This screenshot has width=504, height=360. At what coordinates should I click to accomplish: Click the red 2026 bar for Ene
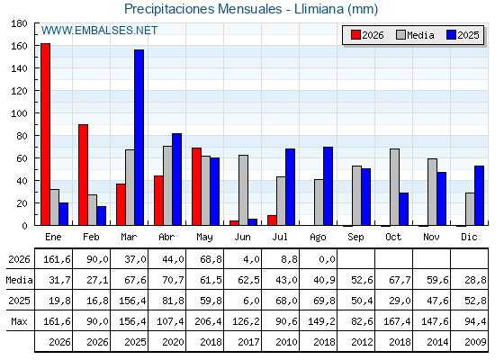[x=45, y=134]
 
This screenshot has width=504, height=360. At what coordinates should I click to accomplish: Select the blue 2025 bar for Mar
[x=139, y=138]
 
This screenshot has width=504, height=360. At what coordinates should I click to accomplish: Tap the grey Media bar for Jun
[x=243, y=190]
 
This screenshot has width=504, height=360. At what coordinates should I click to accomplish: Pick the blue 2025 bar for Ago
[x=328, y=186]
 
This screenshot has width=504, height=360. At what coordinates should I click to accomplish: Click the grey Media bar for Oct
[x=394, y=187]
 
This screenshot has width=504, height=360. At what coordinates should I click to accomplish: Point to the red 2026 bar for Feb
[x=83, y=175]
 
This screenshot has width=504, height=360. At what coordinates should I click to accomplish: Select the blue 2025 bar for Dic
[x=479, y=196]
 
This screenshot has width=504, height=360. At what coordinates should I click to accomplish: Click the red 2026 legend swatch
[x=355, y=35]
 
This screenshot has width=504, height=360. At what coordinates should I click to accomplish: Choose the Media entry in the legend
[x=415, y=35]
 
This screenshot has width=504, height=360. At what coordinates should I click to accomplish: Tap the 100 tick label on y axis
[x=19, y=113]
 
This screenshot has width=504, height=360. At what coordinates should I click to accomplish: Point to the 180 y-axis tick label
[x=19, y=23]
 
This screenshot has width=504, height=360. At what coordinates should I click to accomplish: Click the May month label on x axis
[x=204, y=238]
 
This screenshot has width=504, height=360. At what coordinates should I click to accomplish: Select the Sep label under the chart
[x=355, y=238]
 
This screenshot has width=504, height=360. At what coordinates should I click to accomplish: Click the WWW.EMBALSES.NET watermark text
[x=99, y=31]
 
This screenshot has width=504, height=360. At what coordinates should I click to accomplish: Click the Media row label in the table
[x=19, y=280]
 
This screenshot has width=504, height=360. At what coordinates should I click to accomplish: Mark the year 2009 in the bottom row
[x=475, y=342]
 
